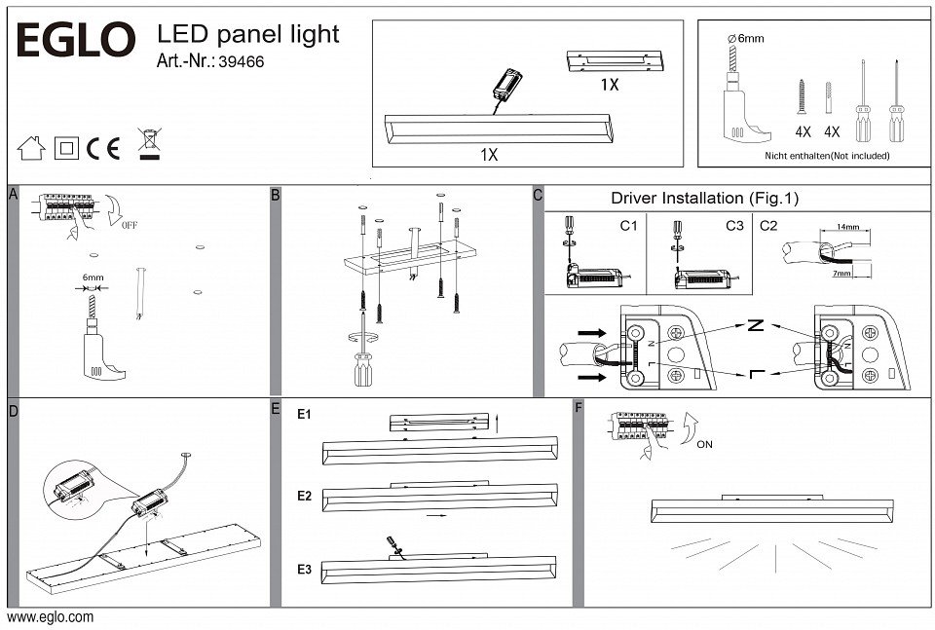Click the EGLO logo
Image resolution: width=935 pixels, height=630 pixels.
[73, 42]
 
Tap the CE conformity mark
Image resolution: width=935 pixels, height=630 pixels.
[103, 148]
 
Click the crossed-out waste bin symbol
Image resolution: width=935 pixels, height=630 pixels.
[149, 143]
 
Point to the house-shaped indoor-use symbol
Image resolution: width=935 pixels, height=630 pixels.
[32, 148]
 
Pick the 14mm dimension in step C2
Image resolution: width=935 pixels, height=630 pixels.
[848, 227]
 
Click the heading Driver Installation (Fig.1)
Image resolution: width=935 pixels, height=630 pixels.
[704, 199]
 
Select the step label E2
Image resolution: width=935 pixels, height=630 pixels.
[304, 497]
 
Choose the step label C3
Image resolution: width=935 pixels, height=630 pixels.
[734, 226]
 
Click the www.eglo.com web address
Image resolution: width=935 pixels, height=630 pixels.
[51, 617]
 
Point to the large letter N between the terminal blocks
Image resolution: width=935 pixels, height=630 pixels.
[754, 327]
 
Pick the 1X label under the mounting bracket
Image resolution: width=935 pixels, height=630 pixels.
[609, 85]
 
